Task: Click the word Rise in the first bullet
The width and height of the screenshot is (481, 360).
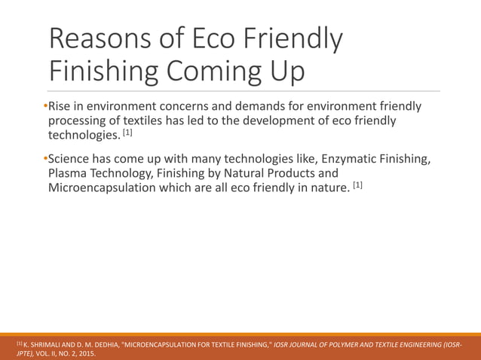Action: pyautogui.click(x=62, y=105)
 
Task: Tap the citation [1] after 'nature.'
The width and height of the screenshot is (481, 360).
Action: pyautogui.click(x=357, y=185)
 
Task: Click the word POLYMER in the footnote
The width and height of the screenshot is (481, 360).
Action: pyautogui.click(x=351, y=344)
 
